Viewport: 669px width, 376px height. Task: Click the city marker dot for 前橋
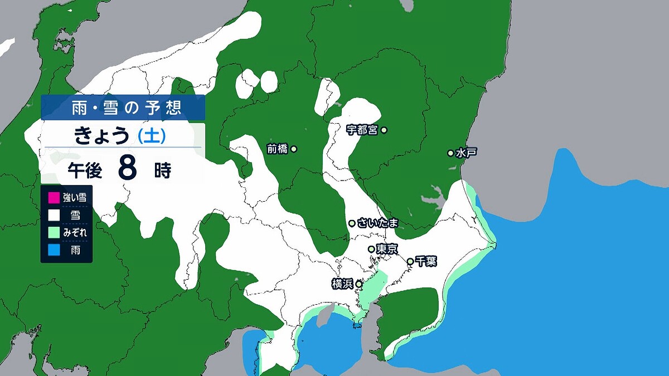tap(294, 149)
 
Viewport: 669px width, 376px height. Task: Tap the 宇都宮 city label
tap(362, 130)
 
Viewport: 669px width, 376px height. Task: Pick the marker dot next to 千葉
tap(410, 261)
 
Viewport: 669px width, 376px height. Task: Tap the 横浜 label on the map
tap(343, 284)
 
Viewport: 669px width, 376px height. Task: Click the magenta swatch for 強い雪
tap(54, 197)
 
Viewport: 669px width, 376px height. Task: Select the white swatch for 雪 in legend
tap(54, 214)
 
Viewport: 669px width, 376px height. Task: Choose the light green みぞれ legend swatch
tap(54, 232)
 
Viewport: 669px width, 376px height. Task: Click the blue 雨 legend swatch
tap(54, 250)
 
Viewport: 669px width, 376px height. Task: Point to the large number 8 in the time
tap(128, 169)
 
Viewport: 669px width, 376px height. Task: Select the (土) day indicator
tap(150, 136)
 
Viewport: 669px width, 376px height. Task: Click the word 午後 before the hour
tap(85, 170)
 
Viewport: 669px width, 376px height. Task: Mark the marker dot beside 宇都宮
tap(384, 130)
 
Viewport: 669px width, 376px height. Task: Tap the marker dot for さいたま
tap(352, 223)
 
